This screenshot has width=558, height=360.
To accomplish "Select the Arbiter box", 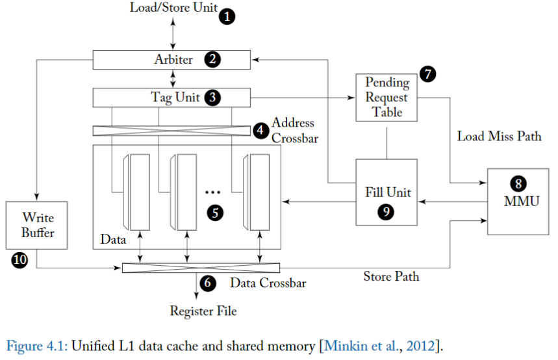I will (171, 60).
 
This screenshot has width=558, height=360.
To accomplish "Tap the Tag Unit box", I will (171, 97).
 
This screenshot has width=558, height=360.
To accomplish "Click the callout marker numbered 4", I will (260, 129).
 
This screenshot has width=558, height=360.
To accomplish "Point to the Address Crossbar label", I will (294, 130).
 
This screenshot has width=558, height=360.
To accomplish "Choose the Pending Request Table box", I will (387, 97).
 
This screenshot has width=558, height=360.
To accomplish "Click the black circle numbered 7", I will (427, 73).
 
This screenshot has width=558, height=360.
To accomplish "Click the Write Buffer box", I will (36, 225).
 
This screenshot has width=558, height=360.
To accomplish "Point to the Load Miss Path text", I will (499, 137).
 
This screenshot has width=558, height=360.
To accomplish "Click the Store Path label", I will (390, 277).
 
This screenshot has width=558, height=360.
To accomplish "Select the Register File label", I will (203, 311).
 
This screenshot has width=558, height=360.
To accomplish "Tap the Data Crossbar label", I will (268, 283).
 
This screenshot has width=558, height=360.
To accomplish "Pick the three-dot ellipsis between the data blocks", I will (212, 192).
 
